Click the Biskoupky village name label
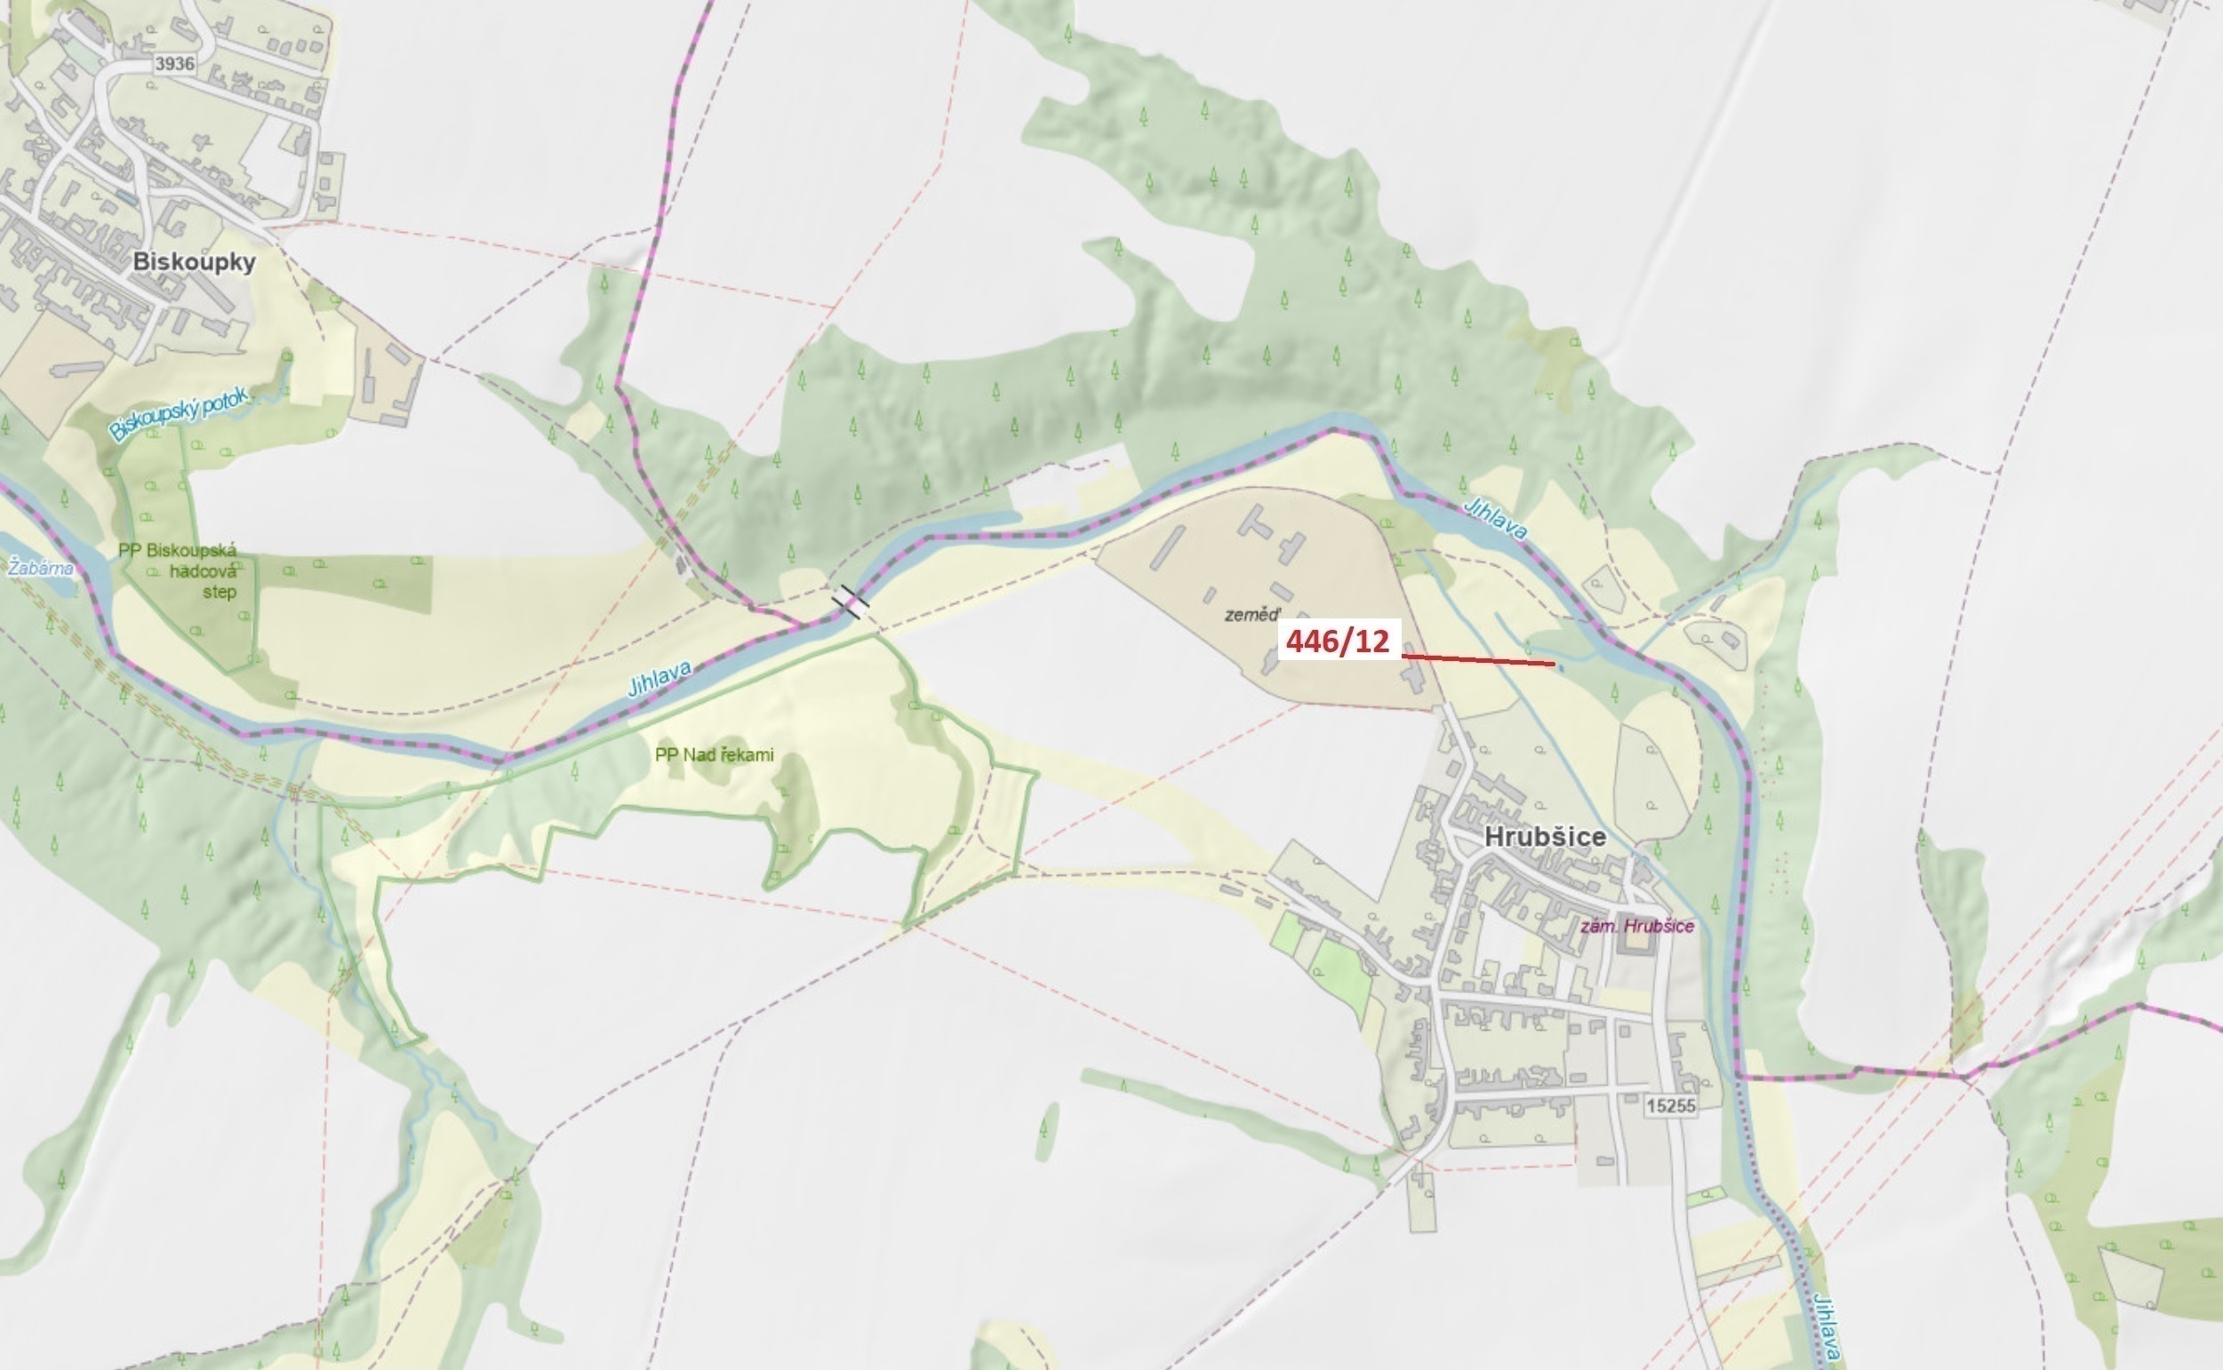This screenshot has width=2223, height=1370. (194, 262)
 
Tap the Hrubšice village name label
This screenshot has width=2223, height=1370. (1545, 836)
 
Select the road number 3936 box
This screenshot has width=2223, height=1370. (174, 63)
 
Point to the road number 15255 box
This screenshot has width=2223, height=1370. (1670, 1105)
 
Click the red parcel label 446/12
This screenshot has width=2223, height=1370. (1338, 641)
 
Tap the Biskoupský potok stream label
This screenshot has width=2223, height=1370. (179, 414)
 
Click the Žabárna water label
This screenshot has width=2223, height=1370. (40, 569)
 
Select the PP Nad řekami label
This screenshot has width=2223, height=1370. (714, 755)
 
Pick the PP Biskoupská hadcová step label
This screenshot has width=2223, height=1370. (179, 570)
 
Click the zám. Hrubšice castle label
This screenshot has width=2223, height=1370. (1636, 926)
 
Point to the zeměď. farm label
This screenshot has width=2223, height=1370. (1251, 615)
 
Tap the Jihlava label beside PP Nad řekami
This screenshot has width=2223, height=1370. (660, 679)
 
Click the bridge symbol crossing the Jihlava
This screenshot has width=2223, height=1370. (851, 601)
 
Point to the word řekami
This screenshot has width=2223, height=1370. (747, 755)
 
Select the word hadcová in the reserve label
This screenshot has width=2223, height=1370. (203, 572)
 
